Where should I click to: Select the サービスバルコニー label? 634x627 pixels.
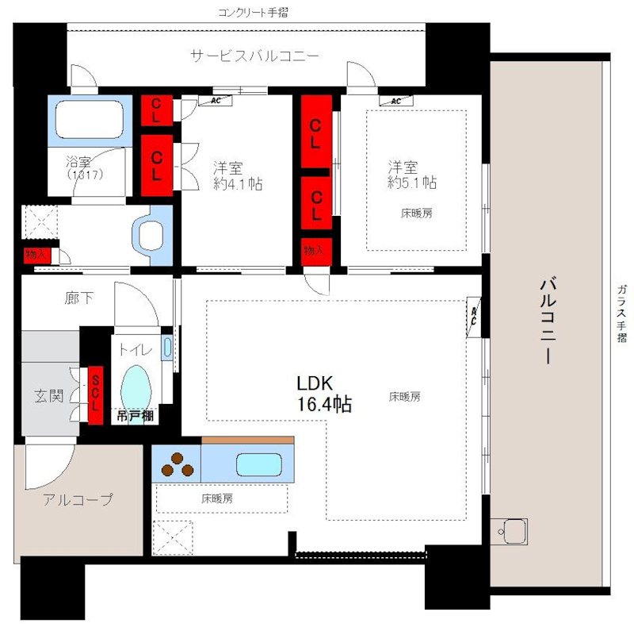coord(254,56)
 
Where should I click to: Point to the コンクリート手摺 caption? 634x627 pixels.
coord(255,12)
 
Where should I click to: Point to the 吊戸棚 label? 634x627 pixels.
coord(136,416)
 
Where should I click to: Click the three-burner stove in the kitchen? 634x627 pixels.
coord(177,464)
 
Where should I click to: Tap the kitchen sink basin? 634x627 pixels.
coord(258,464)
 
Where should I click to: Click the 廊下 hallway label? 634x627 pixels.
coord(79,298)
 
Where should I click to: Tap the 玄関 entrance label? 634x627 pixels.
coord(48,394)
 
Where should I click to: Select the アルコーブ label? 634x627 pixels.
coord(78,500)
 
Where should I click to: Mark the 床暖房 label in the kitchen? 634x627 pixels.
coord(216,499)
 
